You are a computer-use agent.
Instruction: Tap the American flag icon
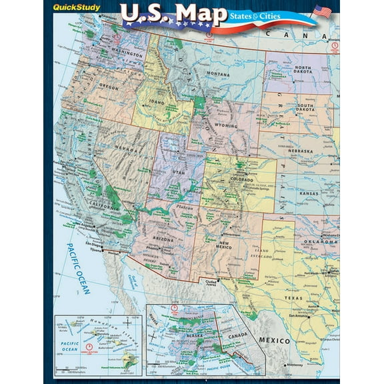pyautogui.click(x=321, y=11)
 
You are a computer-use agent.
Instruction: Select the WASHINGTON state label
pyautogui.click(x=111, y=51)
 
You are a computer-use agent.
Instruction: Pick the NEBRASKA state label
pyautogui.click(x=313, y=150)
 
